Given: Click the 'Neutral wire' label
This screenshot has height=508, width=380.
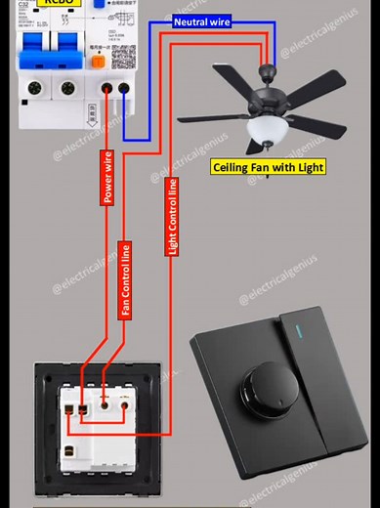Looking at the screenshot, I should [202, 21].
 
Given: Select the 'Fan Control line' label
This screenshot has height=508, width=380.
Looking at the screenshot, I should [125, 279].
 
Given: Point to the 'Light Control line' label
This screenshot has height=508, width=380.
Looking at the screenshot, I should [173, 217].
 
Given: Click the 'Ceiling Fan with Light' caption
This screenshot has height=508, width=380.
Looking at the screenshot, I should [269, 167].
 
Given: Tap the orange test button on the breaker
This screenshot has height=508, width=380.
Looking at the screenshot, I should [98, 61].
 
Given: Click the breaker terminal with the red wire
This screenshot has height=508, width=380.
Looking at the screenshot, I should [106, 89].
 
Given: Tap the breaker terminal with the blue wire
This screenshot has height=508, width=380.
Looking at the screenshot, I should [125, 89].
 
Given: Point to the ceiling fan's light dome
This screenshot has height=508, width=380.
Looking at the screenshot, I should [265, 129].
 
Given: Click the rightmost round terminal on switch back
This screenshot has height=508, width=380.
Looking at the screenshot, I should [125, 402].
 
